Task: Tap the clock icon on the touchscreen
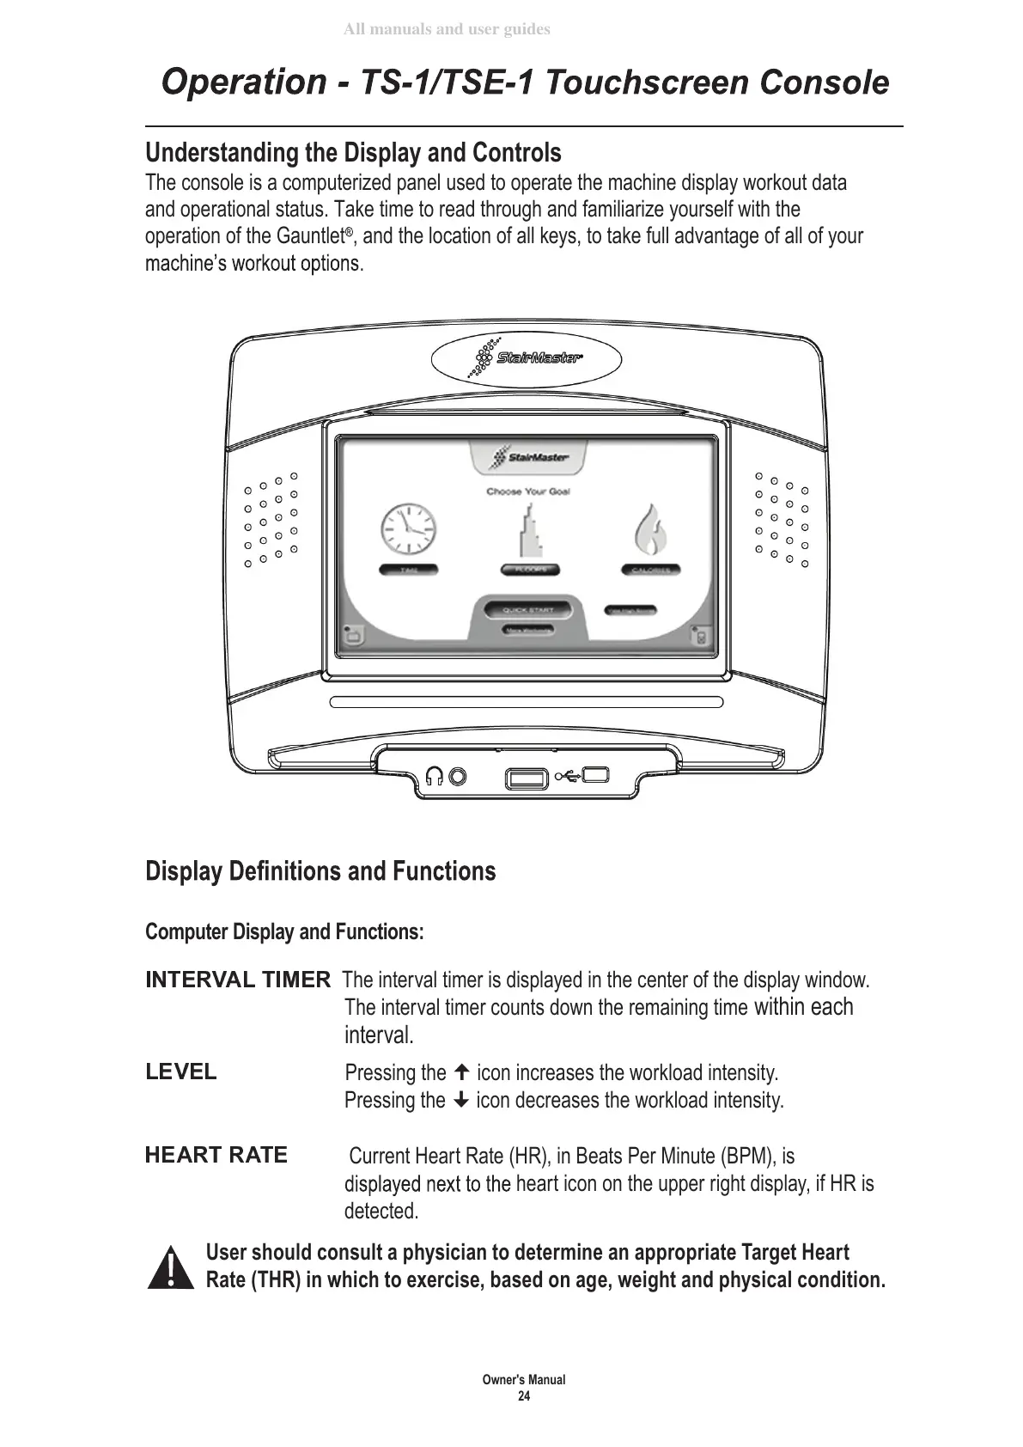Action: (x=409, y=528)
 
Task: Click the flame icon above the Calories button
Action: (x=650, y=531)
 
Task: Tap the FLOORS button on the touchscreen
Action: (x=530, y=570)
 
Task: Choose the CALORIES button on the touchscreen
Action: (x=650, y=570)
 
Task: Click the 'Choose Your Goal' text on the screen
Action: (x=528, y=491)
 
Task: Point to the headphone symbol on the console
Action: (x=435, y=777)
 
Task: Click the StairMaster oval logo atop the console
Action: (x=526, y=359)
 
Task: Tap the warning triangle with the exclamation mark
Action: (x=170, y=1267)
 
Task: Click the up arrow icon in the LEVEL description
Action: (x=461, y=1072)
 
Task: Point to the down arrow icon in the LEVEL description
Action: (x=460, y=1100)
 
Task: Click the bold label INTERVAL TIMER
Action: (x=237, y=980)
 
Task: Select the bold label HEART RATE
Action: (x=216, y=1155)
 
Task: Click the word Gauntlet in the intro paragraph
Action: (x=310, y=236)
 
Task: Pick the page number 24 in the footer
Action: (x=523, y=1396)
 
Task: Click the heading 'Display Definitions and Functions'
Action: (x=320, y=871)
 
